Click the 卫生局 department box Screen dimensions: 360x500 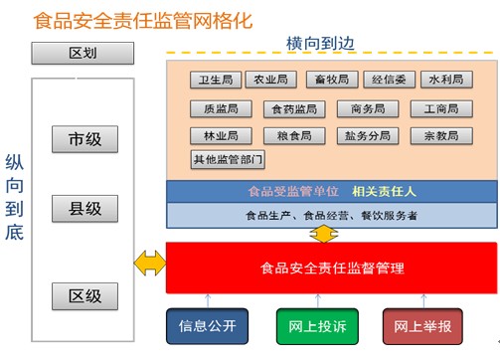click(215, 80)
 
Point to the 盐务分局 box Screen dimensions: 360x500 click(369, 135)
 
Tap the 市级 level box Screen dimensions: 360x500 click(84, 139)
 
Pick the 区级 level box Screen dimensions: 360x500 click(84, 295)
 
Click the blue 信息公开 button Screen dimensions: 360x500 click(207, 325)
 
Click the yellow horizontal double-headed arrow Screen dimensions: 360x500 click(149, 264)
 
